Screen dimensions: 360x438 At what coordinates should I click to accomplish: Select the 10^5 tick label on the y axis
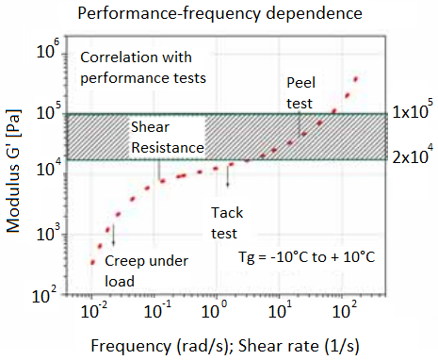pos(50,113)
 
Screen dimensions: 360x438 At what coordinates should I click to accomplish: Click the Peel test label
pos(302,91)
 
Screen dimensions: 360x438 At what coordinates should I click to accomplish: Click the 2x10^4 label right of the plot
pos(412,157)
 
